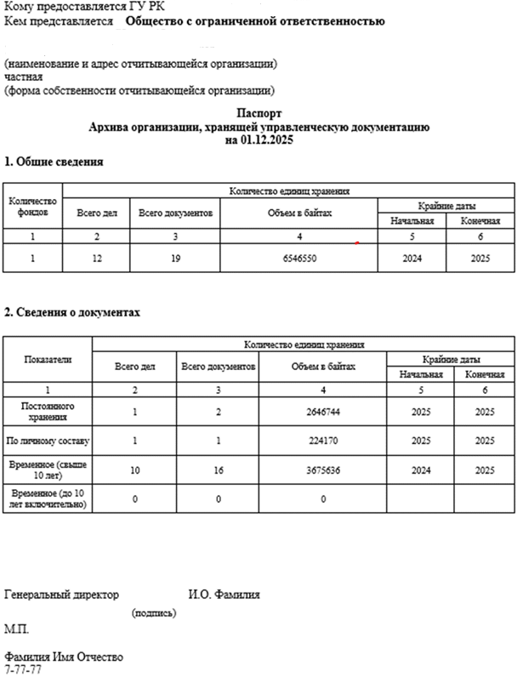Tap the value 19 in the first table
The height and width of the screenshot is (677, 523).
[175, 258]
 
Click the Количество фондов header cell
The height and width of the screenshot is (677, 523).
[32, 205]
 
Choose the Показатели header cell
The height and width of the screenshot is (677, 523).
[48, 360]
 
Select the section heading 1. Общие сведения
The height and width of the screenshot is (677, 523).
[54, 162]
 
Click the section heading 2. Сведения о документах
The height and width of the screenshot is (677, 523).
[72, 312]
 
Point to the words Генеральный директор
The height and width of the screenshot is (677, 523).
[62, 595]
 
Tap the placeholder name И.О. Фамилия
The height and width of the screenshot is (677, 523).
[224, 595]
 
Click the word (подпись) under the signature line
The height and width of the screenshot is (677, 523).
[154, 612]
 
